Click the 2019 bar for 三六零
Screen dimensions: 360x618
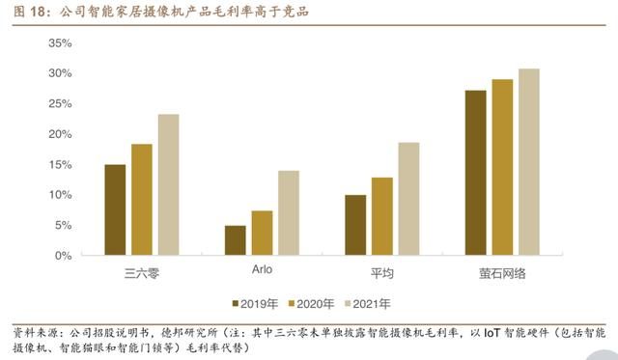[115, 209]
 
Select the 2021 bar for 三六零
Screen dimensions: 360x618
[168, 184]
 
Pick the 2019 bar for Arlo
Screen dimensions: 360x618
[235, 240]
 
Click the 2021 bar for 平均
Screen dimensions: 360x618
[408, 199]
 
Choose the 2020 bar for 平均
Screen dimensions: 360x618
[381, 216]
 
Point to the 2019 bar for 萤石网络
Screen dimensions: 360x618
[475, 173]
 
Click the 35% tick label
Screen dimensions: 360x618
[60, 44]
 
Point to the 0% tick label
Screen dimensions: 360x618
[64, 256]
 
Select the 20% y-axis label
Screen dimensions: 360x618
[60, 135]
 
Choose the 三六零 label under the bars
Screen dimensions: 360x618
[142, 274]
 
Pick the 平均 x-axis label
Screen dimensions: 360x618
[381, 274]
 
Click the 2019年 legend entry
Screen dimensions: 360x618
[254, 304]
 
